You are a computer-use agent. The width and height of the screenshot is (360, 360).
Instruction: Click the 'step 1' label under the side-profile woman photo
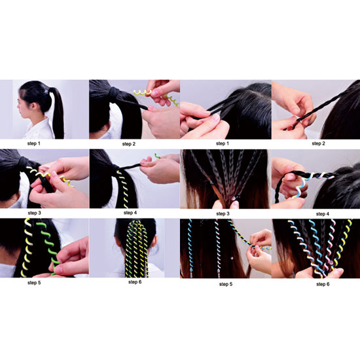[34, 144]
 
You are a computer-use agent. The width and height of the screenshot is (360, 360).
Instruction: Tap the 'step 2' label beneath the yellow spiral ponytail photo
[129, 144]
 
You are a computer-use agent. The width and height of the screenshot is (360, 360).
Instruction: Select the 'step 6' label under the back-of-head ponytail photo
[135, 282]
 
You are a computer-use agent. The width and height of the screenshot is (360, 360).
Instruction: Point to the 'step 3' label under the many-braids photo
[223, 214]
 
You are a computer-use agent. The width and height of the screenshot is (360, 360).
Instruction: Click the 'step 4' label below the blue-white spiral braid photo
[322, 214]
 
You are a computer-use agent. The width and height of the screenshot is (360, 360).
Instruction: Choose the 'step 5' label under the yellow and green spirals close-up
[34, 283]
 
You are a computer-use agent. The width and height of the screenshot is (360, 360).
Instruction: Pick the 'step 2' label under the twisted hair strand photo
[319, 144]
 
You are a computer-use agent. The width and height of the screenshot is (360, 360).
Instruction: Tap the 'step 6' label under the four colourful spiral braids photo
[323, 284]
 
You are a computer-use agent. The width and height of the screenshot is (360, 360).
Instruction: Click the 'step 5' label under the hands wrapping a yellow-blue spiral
[226, 284]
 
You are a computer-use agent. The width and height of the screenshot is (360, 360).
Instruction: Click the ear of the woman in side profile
[35, 105]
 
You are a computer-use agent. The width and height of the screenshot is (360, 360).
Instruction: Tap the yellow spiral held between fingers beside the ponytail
[142, 92]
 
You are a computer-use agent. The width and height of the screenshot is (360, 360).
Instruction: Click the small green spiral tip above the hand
[157, 156]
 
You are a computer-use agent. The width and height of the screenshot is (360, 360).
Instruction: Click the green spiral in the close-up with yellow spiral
[49, 245]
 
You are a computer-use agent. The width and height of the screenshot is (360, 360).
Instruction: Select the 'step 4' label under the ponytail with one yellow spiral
[130, 213]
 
